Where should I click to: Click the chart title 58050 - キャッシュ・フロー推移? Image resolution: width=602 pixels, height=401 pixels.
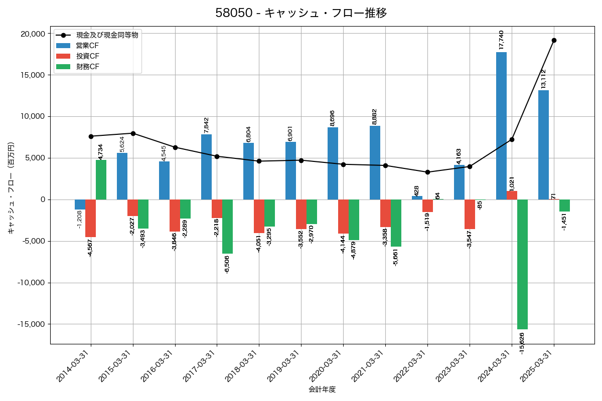tap(301, 13)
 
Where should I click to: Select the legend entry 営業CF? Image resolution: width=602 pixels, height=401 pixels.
tap(87, 46)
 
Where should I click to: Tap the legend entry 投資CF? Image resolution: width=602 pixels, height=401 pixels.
tap(87, 56)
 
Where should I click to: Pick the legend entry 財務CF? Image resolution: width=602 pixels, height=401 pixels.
tap(87, 67)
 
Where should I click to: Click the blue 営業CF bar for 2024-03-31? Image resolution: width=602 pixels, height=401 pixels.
tap(501, 125)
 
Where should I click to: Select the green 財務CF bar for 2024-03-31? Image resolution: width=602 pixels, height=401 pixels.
tap(522, 264)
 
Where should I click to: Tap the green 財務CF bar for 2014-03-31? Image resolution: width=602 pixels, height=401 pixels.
tap(101, 179)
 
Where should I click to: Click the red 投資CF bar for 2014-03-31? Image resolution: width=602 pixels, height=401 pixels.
tap(90, 218)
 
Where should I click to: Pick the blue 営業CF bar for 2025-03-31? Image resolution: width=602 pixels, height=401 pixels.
tap(543, 145)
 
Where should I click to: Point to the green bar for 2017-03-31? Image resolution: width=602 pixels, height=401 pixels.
tap(227, 227)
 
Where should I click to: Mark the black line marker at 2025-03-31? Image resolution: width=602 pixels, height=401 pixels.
tap(554, 40)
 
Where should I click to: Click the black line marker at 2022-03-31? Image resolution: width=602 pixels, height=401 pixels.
tap(427, 172)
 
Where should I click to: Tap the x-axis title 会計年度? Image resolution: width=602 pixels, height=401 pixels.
tap(322, 389)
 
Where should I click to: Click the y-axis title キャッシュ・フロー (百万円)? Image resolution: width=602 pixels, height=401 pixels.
tap(11, 188)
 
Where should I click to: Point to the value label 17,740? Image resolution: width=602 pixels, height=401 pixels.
tap(501, 40)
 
